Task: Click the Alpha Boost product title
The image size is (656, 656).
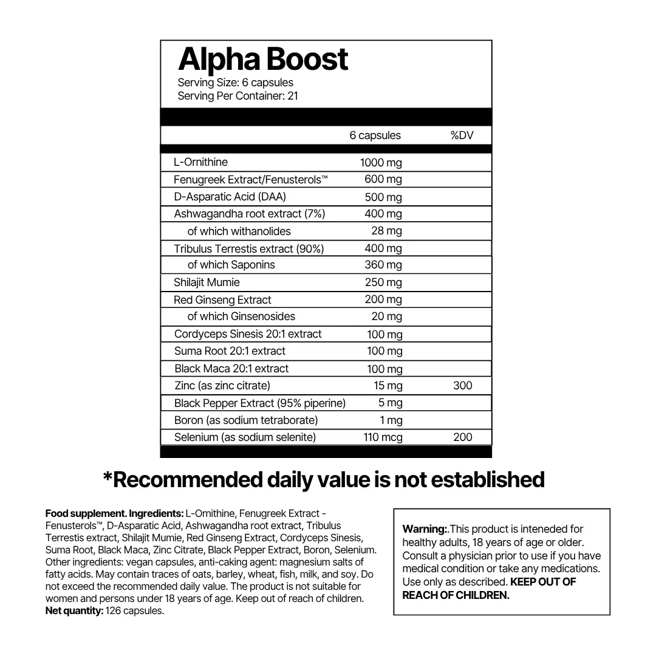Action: coord(263,60)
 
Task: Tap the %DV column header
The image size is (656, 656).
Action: coord(462,135)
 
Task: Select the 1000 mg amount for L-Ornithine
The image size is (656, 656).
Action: coord(381,162)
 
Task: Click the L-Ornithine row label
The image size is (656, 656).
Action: coord(201,162)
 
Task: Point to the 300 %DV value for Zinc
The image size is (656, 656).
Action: coord(462,386)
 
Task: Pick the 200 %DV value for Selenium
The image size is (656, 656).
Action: coord(462,437)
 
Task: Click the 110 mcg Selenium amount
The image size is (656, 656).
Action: coord(383,437)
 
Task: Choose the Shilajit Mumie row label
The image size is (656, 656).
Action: coord(207,282)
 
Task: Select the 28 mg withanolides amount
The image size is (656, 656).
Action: coord(386,231)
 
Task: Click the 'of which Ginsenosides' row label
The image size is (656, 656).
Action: coord(241,316)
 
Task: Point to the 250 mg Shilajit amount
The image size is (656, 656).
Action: coord(383,282)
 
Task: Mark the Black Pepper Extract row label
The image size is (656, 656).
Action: coord(259,403)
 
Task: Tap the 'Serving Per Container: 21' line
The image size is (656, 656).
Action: coord(237,96)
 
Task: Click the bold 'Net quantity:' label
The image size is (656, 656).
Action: coord(74,611)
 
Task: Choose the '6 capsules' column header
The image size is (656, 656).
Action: coord(375,135)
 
